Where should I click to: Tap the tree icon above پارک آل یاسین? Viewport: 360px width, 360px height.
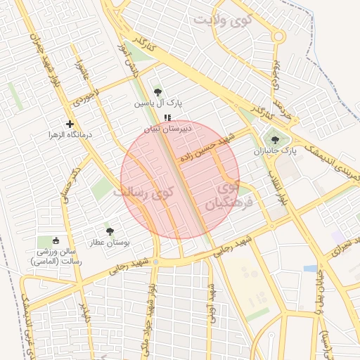coord(157,91)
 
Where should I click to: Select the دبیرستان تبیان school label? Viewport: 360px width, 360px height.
coord(162,129)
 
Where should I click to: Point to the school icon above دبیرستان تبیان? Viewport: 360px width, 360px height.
coord(167,117)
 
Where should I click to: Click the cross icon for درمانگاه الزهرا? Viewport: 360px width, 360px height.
coord(70,124)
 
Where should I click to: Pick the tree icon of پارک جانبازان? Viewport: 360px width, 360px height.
coord(284,140)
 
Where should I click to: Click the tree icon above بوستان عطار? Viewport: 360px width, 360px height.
coord(109,231)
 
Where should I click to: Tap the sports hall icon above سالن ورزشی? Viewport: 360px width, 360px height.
coord(57,240)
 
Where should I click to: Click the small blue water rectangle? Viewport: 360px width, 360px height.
coord(310,268)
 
